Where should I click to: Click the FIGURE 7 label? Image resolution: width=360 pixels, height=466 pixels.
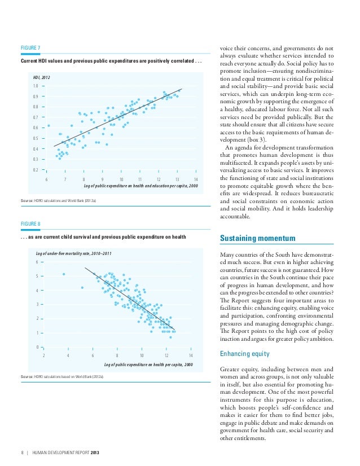[30, 47]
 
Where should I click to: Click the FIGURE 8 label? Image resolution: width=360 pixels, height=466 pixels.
[30, 223]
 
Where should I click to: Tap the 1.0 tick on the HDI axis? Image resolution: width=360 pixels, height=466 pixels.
[35, 86]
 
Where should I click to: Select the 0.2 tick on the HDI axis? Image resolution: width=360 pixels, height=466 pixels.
[35, 170]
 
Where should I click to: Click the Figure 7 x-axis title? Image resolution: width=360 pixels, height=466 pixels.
[141, 185]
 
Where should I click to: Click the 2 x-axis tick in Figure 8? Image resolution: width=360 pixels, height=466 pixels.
[44, 356]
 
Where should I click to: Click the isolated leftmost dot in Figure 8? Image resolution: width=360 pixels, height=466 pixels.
[64, 274]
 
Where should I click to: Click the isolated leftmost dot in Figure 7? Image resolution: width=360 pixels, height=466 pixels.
[49, 125]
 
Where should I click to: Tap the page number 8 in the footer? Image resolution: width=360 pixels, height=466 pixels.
[21, 452]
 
